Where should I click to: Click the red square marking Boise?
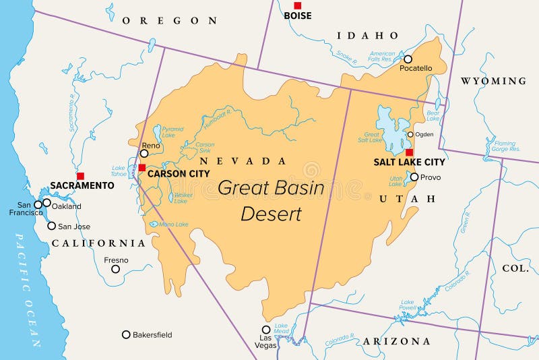tap(297, 5)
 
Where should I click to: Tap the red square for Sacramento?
tap(80, 175)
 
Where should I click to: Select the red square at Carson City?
tap(141, 167)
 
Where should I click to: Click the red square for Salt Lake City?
tap(409, 152)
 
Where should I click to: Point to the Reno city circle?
tap(144, 153)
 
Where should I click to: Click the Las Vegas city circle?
tap(266, 330)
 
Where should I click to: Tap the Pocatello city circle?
tap(408, 59)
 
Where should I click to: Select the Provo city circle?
tap(414, 177)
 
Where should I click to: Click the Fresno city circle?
tap(115, 269)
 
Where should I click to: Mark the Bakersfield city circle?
tap(126, 334)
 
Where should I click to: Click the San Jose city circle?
tap(51, 226)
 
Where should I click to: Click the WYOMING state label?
tap(493, 81)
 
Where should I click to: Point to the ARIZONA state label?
tap(397, 341)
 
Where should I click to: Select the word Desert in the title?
tap(272, 214)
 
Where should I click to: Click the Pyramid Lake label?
tap(172, 131)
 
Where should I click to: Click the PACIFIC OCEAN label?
tap(27, 290)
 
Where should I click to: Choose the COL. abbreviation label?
tap(515, 268)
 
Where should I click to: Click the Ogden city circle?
tap(410, 134)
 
